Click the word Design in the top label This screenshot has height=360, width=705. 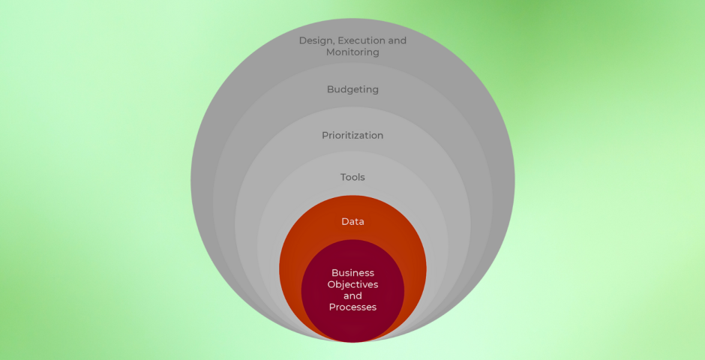[x=315, y=40]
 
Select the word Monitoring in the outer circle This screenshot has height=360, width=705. [x=352, y=52]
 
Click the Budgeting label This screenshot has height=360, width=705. [x=352, y=90]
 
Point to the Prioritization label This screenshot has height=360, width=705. [x=352, y=136]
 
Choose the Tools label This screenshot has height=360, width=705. [x=352, y=178]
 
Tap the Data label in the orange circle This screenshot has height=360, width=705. [x=352, y=222]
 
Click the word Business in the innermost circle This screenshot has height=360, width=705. [x=352, y=273]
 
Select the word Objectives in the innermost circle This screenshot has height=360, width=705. [x=352, y=285]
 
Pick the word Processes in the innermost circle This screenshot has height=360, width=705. [x=352, y=307]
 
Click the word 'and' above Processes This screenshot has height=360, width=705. [x=352, y=296]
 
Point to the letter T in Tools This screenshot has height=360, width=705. [x=343, y=178]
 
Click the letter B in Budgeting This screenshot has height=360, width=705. [x=330, y=90]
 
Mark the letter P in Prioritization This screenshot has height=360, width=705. [x=325, y=136]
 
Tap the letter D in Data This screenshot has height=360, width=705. [x=344, y=222]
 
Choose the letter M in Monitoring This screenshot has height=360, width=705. [x=331, y=52]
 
